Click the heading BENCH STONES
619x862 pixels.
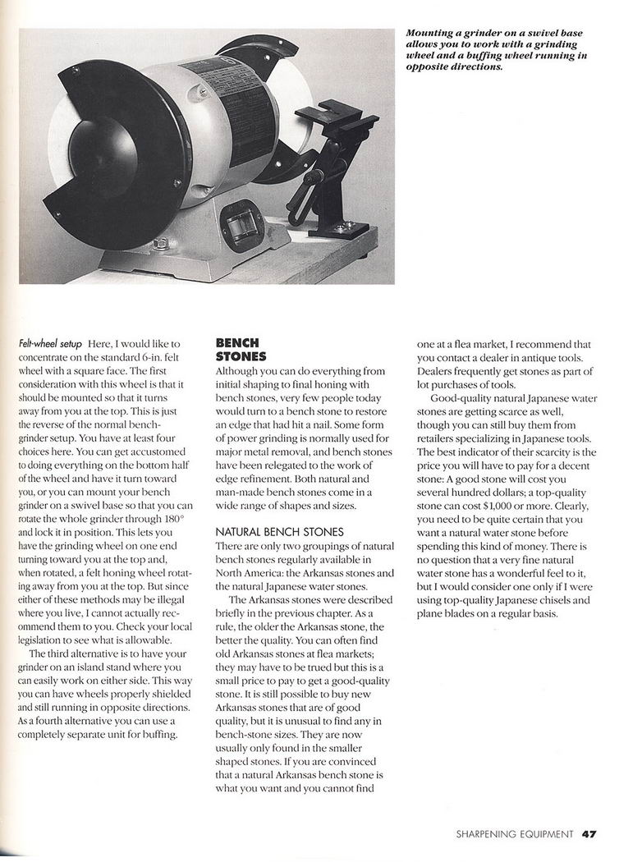237,350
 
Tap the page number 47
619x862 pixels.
589,834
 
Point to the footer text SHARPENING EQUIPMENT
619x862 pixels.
514,834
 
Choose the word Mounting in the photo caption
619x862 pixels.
431,34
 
